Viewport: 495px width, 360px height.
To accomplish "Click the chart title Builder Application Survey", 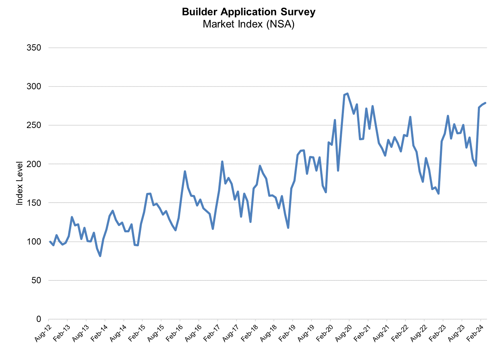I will click(248, 12).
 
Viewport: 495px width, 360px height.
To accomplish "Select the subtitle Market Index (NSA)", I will click(248, 24).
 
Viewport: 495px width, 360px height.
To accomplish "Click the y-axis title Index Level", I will click(20, 183).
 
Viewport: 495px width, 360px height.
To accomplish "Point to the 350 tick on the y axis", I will click(34, 48).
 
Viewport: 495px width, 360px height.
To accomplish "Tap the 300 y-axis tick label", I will click(34, 87).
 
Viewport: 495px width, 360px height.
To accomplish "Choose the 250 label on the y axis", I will click(34, 125).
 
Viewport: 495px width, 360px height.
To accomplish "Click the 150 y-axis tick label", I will click(34, 203).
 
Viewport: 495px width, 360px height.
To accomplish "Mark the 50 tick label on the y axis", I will click(36, 280).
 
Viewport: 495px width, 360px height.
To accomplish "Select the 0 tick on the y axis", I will click(38, 319).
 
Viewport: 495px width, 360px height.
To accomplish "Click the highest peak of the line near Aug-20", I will click(347, 93).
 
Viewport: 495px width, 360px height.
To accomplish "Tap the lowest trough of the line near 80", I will click(100, 256).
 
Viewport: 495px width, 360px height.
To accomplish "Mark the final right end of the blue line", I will click(485, 103).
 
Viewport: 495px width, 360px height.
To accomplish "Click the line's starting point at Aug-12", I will click(50, 241).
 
